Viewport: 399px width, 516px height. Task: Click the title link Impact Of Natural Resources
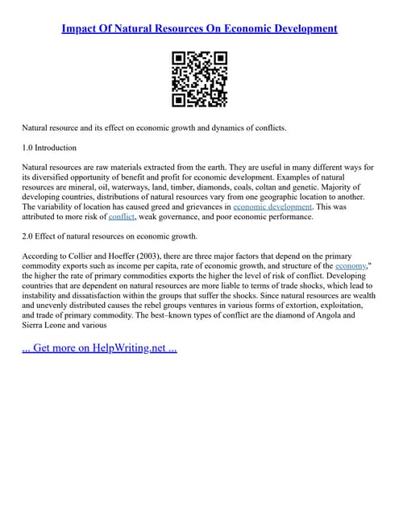(199, 28)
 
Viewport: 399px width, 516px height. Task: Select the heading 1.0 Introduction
(49, 148)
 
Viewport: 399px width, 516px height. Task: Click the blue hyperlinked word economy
(351, 264)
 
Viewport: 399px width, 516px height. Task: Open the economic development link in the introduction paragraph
(272, 206)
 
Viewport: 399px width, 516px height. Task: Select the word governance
(182, 217)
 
